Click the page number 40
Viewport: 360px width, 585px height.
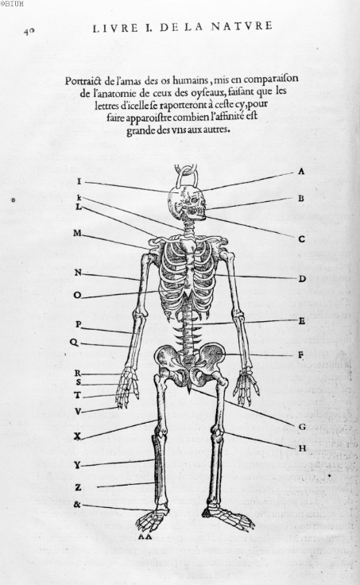(x=29, y=31)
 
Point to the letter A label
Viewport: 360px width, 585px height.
(x=301, y=172)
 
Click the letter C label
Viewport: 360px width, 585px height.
(x=302, y=238)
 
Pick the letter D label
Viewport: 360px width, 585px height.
(x=302, y=278)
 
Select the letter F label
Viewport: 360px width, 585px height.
(x=300, y=355)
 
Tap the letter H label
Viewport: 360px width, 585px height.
(x=302, y=448)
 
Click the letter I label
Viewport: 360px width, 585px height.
(x=79, y=181)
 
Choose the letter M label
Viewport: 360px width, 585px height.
(x=77, y=233)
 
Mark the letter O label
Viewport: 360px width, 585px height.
(x=77, y=295)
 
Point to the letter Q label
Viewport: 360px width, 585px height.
(x=74, y=342)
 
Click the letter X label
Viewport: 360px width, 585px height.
(x=77, y=436)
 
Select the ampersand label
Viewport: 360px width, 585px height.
(x=77, y=505)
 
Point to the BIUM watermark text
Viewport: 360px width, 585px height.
(x=12, y=4)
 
